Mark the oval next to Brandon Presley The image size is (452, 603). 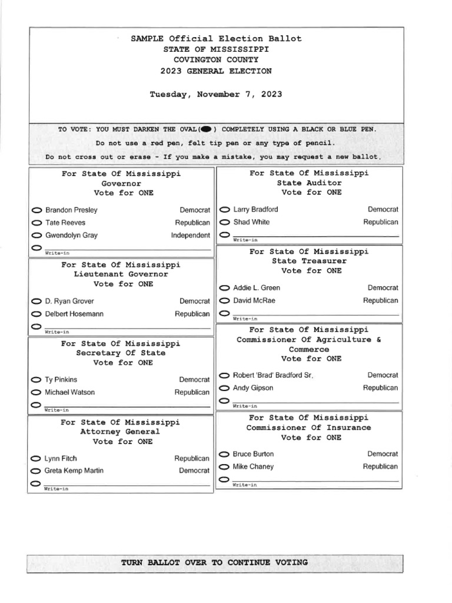pyautogui.click(x=36, y=210)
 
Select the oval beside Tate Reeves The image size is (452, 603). pyautogui.click(x=36, y=223)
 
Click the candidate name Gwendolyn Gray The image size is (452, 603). pyautogui.click(x=71, y=236)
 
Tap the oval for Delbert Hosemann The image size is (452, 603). pyautogui.click(x=36, y=314)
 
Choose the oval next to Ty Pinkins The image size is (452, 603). pyautogui.click(x=36, y=380)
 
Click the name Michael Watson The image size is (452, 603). pyautogui.click(x=69, y=392)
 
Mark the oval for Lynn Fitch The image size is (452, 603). pyautogui.click(x=35, y=459)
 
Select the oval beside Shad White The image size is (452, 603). pyautogui.click(x=224, y=223)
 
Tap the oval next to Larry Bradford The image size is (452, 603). pyautogui.click(x=224, y=210)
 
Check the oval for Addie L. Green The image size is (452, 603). pyautogui.click(x=224, y=288)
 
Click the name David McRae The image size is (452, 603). pyautogui.click(x=254, y=301)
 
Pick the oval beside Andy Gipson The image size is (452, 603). pyautogui.click(x=224, y=388)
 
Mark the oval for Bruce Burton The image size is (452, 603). pyautogui.click(x=224, y=455)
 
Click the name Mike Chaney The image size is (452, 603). pyautogui.click(x=253, y=467)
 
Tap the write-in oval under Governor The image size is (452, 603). pyautogui.click(x=36, y=247)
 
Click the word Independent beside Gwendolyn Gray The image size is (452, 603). pyautogui.click(x=190, y=236)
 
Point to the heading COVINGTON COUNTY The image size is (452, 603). pyautogui.click(x=216, y=60)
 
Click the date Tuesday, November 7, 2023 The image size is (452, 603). pyautogui.click(x=216, y=94)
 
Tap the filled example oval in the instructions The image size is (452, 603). pyautogui.click(x=205, y=129)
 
